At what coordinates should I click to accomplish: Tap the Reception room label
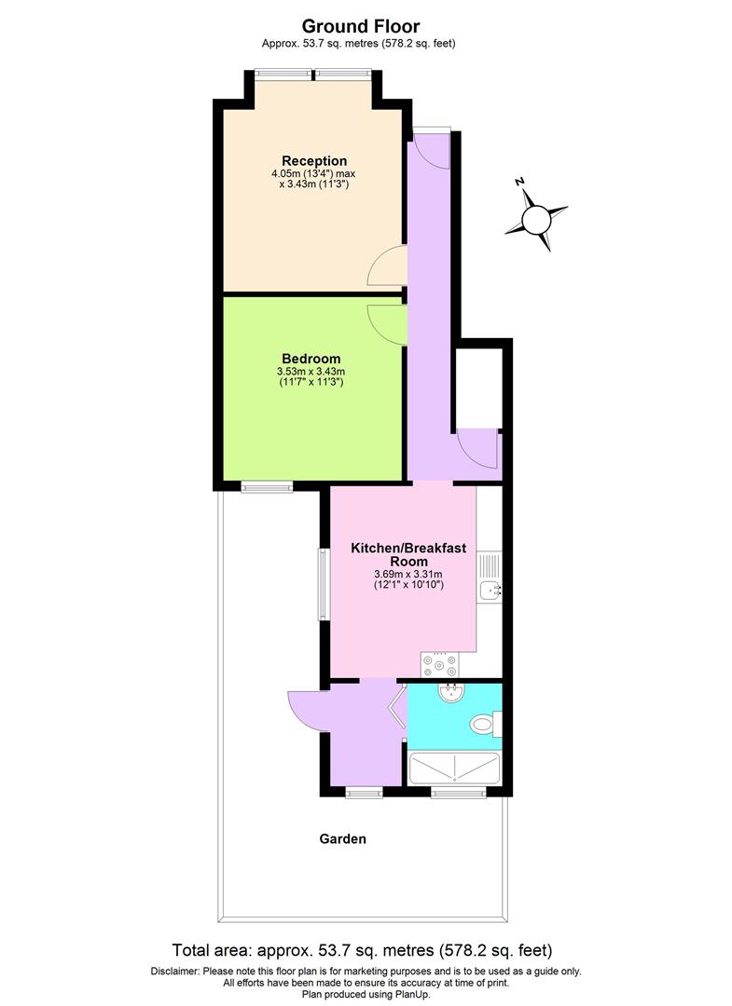(x=314, y=161)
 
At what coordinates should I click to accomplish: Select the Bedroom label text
(x=311, y=359)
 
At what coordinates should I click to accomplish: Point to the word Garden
(x=343, y=838)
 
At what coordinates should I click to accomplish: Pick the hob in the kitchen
(x=440, y=664)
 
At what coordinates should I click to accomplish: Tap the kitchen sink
(x=490, y=589)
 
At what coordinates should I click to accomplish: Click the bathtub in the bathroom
(x=455, y=769)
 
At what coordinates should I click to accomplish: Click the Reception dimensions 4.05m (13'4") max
(x=314, y=174)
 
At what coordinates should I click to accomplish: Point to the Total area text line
(x=363, y=951)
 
